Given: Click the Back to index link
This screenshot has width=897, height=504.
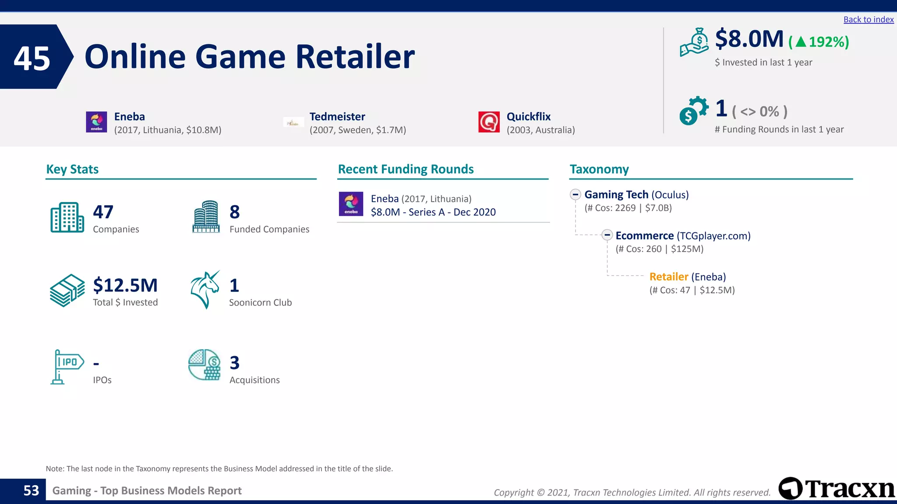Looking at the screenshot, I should [x=868, y=20].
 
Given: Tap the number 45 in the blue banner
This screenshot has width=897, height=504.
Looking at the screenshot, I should [x=32, y=58].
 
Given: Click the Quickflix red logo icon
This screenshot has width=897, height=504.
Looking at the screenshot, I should [x=489, y=122].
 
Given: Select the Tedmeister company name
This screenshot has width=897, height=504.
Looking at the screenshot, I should [x=337, y=116].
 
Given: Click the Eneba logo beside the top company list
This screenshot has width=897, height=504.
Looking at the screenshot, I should [x=96, y=122].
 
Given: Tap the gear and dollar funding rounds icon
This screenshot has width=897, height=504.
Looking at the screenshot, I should [x=693, y=110].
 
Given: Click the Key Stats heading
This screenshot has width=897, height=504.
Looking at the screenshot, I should [x=72, y=169].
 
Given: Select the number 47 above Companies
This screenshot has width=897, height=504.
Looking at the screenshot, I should [x=103, y=212].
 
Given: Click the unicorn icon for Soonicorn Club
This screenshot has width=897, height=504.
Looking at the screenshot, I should [x=205, y=290].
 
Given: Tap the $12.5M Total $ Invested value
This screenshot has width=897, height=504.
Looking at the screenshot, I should [x=125, y=285].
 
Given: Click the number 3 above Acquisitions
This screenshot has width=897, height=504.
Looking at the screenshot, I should [x=235, y=363].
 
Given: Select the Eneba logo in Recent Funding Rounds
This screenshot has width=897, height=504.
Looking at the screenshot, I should [x=351, y=204].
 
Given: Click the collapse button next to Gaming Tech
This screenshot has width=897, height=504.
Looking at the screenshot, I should [x=576, y=194].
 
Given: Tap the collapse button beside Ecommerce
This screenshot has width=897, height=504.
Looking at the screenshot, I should [x=607, y=235].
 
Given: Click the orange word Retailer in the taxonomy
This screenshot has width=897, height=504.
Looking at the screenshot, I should [x=668, y=277].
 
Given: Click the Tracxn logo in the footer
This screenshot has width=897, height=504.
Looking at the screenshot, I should [x=837, y=489].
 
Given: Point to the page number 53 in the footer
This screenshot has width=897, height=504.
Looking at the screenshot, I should [x=31, y=490].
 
